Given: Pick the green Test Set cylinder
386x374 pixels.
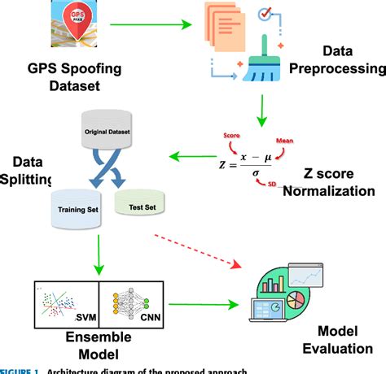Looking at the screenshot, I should pyautogui.click(x=140, y=204).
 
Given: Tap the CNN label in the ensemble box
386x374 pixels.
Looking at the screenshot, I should pyautogui.click(x=149, y=319).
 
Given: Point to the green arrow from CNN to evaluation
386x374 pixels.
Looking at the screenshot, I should pyautogui.click(x=208, y=304).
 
